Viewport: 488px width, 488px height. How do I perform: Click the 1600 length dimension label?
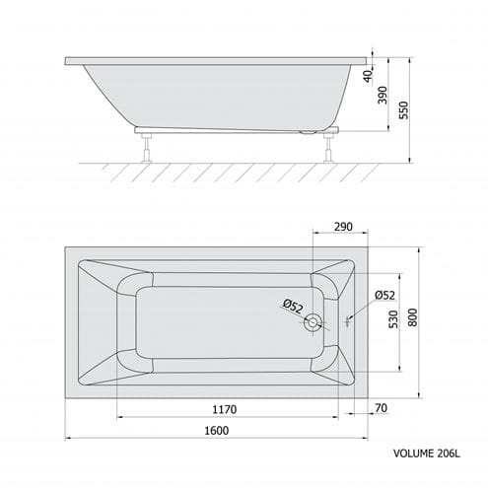click(217, 430)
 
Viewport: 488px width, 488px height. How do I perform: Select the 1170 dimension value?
click(225, 409)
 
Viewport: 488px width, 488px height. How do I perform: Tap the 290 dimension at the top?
click(343, 227)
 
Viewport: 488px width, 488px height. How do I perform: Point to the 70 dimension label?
click(381, 408)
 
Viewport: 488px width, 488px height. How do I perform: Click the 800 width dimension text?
click(412, 317)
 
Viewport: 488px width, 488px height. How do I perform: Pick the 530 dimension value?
click(393, 319)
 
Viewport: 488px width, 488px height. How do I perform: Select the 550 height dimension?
click(404, 110)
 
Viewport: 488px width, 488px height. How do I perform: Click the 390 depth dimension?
click(383, 96)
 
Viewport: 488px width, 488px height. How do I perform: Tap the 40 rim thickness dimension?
click(370, 76)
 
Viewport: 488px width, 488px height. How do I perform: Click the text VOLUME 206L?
click(427, 453)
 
